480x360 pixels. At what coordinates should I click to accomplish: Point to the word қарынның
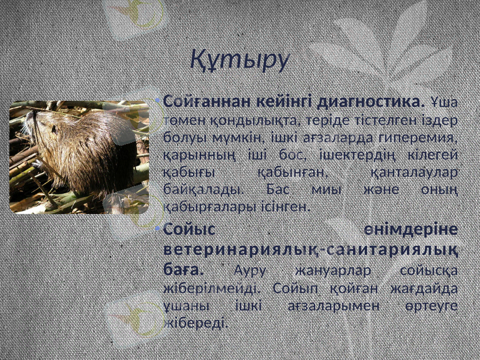[x=193, y=155]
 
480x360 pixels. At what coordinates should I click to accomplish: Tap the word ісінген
[x=290, y=207]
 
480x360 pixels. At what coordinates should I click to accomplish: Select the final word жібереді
[x=196, y=323]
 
